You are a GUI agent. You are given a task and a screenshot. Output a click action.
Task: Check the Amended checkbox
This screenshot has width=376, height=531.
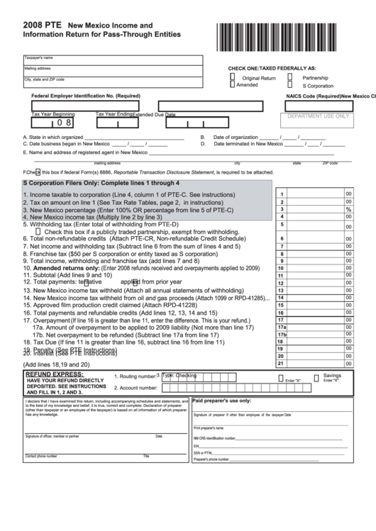[x=232, y=84]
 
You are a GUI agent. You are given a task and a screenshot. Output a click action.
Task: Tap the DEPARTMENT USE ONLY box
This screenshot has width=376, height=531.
[x=319, y=117]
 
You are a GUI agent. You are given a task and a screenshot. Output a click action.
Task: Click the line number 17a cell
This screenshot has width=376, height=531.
[x=282, y=328]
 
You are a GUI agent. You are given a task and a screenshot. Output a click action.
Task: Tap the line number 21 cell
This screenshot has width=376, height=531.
[x=282, y=364]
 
